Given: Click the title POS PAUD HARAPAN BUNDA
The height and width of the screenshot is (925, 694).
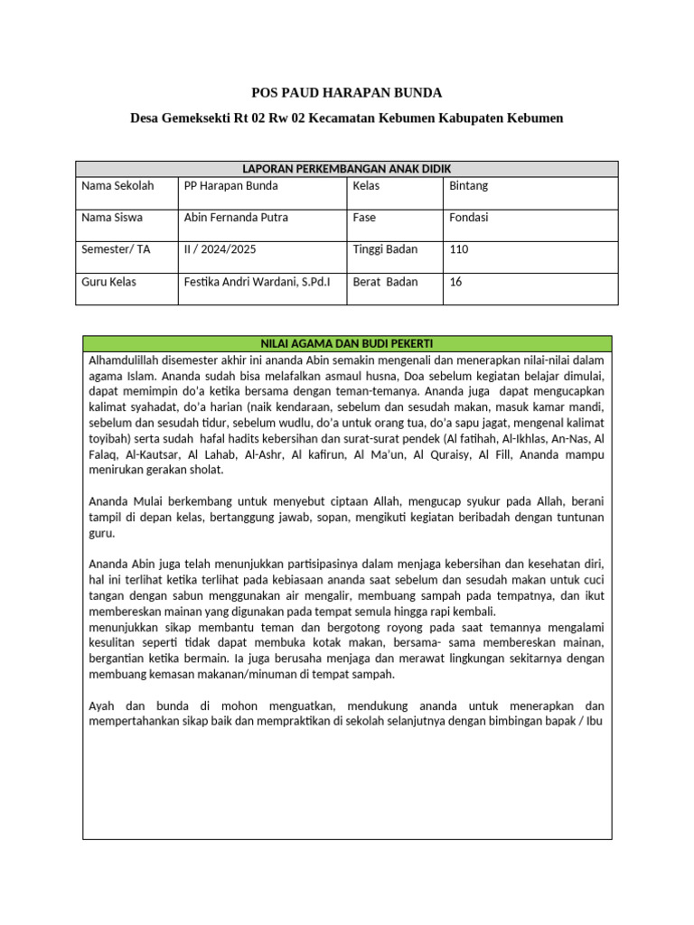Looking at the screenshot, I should click(346, 93).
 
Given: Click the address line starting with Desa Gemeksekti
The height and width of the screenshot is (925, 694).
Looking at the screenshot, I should click(346, 118).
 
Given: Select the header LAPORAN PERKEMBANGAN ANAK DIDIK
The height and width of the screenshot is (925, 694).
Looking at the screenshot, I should click(347, 169).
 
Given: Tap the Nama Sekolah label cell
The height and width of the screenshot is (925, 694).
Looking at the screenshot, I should click(117, 186).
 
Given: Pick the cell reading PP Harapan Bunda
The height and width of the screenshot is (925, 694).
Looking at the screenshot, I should click(230, 186).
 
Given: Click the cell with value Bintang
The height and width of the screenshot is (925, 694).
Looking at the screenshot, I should click(468, 186).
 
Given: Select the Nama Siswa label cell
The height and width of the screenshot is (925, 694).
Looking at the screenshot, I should click(112, 218).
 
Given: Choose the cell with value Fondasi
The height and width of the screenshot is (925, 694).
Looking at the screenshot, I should click(468, 218).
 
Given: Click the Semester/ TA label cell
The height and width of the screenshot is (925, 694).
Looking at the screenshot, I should click(116, 249).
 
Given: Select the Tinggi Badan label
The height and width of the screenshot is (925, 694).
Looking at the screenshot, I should click(385, 249).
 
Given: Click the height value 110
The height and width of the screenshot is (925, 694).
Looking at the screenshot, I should click(459, 249).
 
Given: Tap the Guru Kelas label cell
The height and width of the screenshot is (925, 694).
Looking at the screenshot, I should click(109, 282).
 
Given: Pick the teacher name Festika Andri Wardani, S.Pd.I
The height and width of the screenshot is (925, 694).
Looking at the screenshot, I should click(257, 282).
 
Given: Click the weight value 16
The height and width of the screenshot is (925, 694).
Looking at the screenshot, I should click(455, 282).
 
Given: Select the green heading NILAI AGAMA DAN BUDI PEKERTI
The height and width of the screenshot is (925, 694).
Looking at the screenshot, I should click(347, 344).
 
